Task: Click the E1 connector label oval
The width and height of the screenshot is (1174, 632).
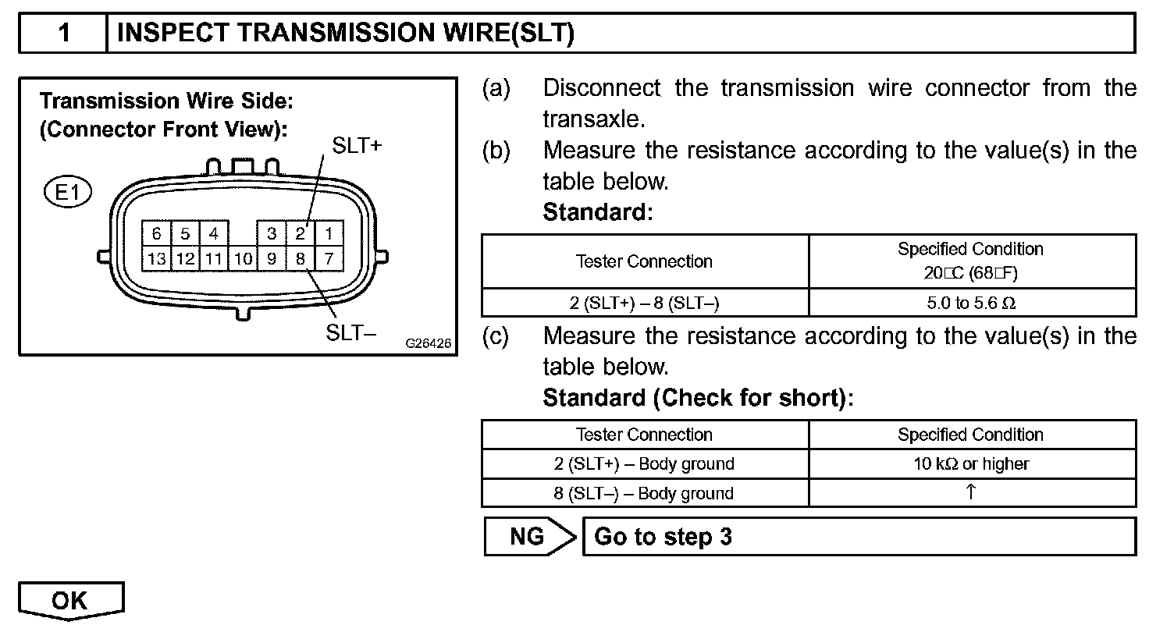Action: pos(69,192)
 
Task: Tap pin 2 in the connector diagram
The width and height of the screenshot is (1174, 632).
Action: pos(300,233)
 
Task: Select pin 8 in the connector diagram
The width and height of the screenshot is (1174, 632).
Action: pos(300,258)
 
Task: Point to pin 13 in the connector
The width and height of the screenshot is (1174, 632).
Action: pos(157,258)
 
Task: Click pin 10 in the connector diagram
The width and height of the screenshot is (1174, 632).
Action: pos(243,258)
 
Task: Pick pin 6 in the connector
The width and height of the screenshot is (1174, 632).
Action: pos(157,233)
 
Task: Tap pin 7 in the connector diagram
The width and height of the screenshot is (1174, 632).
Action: pos(329,258)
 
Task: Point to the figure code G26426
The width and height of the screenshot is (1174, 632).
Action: pos(429,343)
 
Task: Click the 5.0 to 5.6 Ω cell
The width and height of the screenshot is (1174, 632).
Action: pos(971,303)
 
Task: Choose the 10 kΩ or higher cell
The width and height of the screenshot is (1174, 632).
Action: pos(971,463)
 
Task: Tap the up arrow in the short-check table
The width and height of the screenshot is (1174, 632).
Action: pos(971,492)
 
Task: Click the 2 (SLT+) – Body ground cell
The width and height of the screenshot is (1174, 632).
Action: pos(644,463)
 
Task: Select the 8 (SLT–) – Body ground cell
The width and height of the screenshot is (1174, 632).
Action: pos(644,493)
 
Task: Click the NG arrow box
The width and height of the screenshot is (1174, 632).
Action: pos(528,537)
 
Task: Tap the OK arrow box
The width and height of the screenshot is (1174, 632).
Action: pos(71,602)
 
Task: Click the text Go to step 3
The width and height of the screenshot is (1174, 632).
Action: pos(663,537)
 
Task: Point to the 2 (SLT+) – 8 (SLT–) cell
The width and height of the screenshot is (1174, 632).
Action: pos(644,303)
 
